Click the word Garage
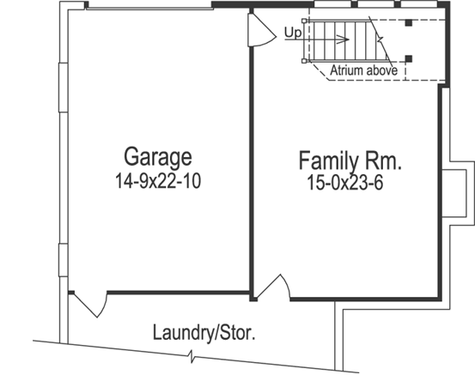click(158, 157)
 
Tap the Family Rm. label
click(351, 160)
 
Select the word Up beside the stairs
click(292, 33)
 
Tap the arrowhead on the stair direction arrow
click(344, 39)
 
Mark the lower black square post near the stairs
click(410, 58)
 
